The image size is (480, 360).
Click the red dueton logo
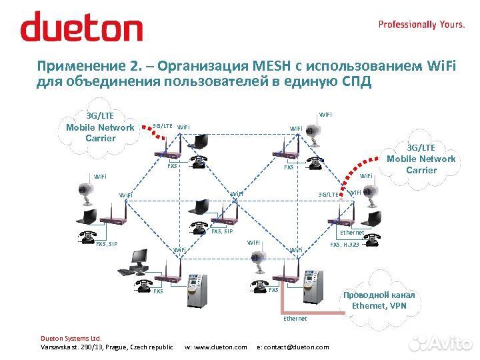pyautogui.click(x=81, y=27)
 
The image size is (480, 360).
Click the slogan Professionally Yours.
pyautogui.click(x=421, y=24)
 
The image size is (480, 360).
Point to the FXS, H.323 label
pyautogui.click(x=345, y=245)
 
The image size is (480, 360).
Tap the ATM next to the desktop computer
pyautogui.click(x=196, y=291)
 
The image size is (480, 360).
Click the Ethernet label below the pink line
pyautogui.click(x=295, y=319)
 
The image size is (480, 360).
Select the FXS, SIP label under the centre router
pyautogui.click(x=222, y=231)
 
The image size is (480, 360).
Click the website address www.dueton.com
pyautogui.click(x=215, y=347)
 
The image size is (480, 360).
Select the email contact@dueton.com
pyautogui.click(x=293, y=347)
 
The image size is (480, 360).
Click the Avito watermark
pyautogui.click(x=440, y=343)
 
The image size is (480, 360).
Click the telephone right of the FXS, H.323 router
pyautogui.click(x=371, y=238)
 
